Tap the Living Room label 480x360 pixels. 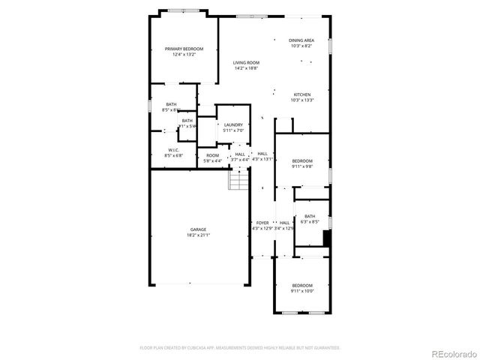(245, 63)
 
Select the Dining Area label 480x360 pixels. (301, 40)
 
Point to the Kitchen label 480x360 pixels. (301, 94)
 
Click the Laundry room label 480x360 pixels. (232, 125)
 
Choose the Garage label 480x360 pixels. (198, 229)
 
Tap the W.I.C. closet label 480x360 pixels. (172, 150)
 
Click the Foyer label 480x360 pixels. (262, 223)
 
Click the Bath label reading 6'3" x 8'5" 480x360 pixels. (310, 219)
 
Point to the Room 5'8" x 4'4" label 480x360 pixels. (213, 157)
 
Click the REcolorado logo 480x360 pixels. (453, 352)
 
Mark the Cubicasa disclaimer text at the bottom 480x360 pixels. (240, 348)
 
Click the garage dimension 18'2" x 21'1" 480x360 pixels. (198, 235)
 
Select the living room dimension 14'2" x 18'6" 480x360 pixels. (245, 68)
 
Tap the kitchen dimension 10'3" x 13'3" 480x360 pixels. (301, 100)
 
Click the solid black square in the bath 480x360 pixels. (326, 238)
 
